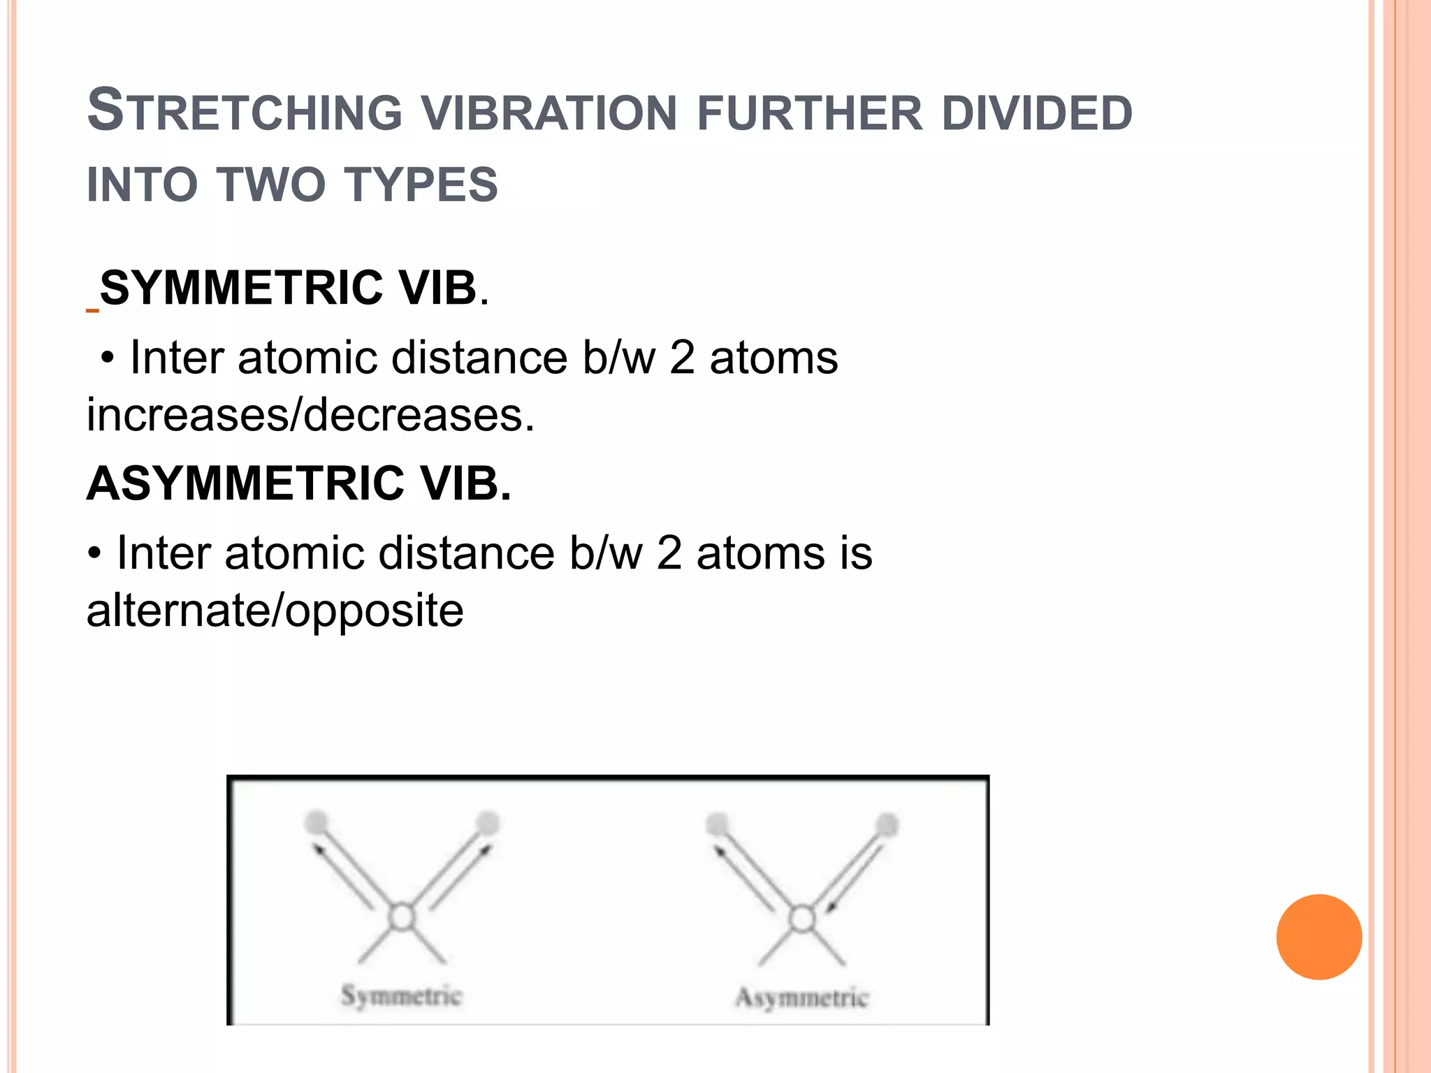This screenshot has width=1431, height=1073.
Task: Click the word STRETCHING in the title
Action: pos(245,112)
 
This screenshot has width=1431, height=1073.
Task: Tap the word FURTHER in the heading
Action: pos(810,113)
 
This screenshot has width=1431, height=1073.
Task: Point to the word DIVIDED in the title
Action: pos(1037,113)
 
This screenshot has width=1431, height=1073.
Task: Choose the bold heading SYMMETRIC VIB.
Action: pos(293,288)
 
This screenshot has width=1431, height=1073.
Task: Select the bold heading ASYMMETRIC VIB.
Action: pos(299,483)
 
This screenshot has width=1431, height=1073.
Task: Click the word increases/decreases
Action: pos(310,415)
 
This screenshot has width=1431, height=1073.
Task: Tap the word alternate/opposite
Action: pos(275,611)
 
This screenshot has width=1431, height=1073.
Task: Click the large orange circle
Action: pos(1319,937)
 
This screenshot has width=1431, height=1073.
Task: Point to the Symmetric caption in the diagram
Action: pos(401,995)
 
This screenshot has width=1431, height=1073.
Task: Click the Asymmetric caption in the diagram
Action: pos(802,998)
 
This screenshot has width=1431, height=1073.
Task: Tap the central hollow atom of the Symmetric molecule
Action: pos(402,917)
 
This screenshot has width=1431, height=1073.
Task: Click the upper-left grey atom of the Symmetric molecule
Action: pos(317,822)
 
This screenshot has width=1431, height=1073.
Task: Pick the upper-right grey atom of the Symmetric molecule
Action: pos(487,823)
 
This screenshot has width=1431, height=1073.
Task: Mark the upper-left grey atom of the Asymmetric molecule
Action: pos(717,824)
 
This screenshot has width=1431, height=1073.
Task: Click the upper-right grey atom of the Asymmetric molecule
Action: pos(887,825)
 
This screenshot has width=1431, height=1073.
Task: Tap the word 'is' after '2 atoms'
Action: pos(856,553)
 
